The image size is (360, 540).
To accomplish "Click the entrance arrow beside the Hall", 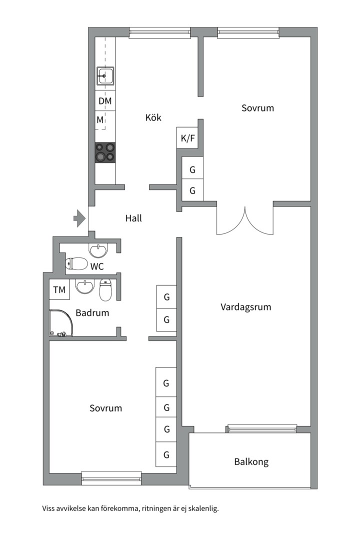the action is [79, 218].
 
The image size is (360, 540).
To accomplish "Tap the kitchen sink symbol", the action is [105, 76].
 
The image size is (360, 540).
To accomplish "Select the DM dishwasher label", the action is [105, 101].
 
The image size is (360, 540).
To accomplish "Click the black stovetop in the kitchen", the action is [105, 152].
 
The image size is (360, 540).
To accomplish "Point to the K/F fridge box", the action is [187, 138].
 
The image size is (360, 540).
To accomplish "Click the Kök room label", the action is [153, 117].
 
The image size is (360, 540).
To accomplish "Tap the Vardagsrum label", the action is [245, 307].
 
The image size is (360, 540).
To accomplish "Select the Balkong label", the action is [251, 461].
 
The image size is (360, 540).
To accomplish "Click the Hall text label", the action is [133, 218].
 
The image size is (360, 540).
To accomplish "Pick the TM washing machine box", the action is [59, 289].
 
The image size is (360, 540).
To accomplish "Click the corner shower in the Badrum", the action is [61, 322].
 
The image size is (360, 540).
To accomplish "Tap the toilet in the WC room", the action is [76, 264].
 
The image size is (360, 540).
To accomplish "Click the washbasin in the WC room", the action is [99, 250].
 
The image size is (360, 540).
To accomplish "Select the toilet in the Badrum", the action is [106, 289].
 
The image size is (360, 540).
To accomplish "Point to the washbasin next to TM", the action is [84, 286].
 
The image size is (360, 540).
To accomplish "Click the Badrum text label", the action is [92, 312].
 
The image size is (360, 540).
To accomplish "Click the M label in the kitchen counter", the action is [100, 120].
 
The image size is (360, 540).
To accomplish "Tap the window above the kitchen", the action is [160, 32].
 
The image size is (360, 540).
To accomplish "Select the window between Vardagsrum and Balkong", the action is [262, 428].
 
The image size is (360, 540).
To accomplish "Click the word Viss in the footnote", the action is [48, 508].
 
